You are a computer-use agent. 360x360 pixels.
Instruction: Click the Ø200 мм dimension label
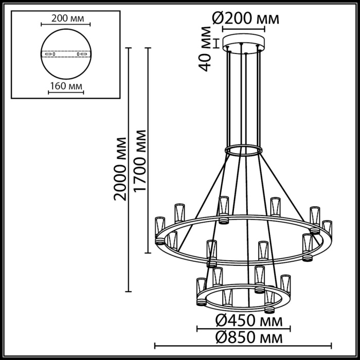pyautogui.click(x=246, y=19)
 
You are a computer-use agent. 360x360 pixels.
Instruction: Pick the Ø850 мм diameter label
pyautogui.click(x=249, y=338)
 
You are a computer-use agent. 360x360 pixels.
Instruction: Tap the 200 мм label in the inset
pyautogui.click(x=65, y=18)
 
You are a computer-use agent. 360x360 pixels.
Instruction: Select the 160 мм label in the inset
pyautogui.click(x=65, y=86)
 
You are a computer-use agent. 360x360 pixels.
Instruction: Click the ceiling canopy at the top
pyautogui.click(x=244, y=42)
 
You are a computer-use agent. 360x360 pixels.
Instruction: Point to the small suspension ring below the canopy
pyautogui.click(x=243, y=151)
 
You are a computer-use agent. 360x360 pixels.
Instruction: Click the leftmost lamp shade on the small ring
pyautogui.click(x=201, y=291)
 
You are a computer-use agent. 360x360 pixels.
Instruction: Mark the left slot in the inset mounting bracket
pyautogui.click(x=49, y=53)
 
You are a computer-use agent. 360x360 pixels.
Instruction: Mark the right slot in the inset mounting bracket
pyautogui.click(x=81, y=53)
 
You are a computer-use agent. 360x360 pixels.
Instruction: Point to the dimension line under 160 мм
pyautogui.click(x=65, y=93)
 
